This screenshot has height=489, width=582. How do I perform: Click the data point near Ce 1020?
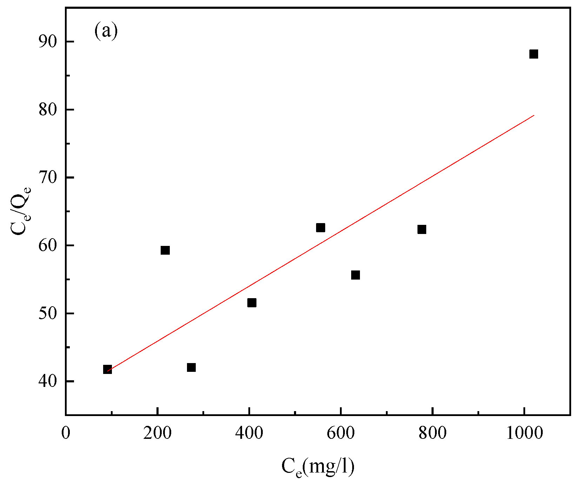pos(534,54)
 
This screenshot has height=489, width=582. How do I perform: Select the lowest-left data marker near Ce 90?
pos(107,369)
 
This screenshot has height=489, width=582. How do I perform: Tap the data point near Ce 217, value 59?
pos(165,250)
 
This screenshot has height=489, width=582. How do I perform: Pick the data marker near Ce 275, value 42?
pos(191,367)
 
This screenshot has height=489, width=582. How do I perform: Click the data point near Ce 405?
pos(252,303)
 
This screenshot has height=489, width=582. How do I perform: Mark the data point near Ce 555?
pos(320,228)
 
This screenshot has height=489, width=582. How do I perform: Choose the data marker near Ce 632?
pos(355,275)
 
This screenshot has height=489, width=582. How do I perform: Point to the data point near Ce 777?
pos(422,229)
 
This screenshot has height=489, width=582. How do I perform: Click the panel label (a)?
pos(106,32)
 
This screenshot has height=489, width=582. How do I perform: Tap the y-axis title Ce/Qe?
pos(20,210)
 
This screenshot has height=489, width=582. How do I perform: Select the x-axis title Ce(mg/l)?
pos(317,467)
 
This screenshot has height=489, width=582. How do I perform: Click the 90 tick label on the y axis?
pos(47,42)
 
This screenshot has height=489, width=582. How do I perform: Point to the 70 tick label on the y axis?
pos(47,177)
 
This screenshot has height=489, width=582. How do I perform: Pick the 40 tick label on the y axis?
pos(47,381)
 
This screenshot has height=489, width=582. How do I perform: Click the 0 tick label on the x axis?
pos(66,433)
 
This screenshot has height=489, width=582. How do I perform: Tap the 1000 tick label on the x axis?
pos(524,433)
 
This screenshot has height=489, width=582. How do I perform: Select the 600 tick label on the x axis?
pos(341,433)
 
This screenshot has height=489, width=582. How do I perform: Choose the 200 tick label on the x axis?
pos(158,433)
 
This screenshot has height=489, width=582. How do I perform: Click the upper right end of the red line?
pos(534,115)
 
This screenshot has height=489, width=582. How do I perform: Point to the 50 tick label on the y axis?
pos(47,313)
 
